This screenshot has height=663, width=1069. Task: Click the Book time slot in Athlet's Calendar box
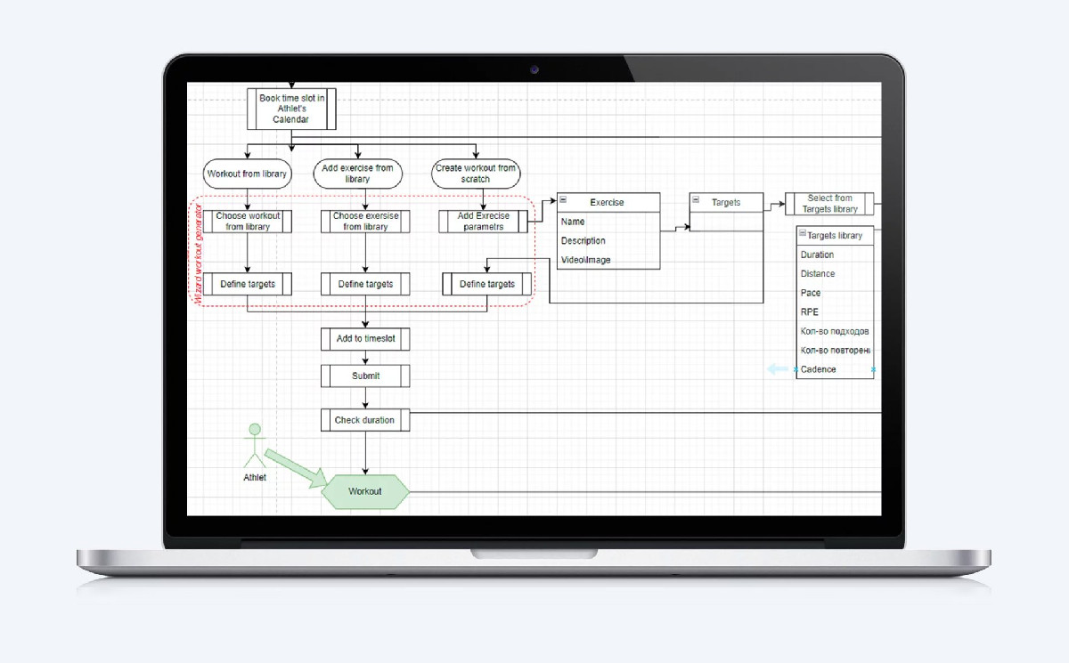tap(291, 109)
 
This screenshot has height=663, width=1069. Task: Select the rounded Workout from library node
tap(248, 174)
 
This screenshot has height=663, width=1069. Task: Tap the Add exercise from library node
tap(357, 174)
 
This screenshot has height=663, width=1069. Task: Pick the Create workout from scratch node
tap(476, 174)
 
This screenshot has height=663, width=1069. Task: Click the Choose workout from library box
tap(248, 222)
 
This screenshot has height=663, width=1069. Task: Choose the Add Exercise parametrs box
tap(484, 222)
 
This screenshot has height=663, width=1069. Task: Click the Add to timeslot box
tap(365, 339)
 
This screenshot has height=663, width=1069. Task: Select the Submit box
tap(365, 376)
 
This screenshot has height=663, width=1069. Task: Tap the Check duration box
tap(365, 420)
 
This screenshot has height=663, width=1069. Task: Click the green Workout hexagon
tap(365, 491)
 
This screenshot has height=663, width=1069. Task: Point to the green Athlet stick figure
tap(255, 445)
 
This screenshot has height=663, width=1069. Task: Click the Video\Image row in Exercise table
tap(585, 260)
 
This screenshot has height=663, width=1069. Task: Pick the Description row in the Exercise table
tap(583, 240)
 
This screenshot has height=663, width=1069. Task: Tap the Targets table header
tap(726, 202)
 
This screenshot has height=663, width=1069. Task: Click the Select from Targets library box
tap(829, 204)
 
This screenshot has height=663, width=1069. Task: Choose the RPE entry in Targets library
tap(810, 312)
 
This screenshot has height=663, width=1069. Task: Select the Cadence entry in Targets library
tap(818, 369)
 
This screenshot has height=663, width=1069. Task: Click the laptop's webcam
tap(534, 70)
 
